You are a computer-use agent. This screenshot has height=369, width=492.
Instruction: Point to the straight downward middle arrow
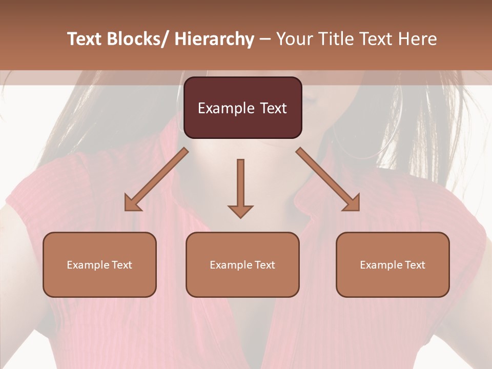coord(240,184)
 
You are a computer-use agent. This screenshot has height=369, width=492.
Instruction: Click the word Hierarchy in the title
coord(214,39)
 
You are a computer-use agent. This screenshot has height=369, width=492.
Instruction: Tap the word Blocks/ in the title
coord(138,39)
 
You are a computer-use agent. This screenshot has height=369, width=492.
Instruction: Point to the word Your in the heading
coord(295,39)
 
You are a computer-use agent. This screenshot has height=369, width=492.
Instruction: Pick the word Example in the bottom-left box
coord(88,265)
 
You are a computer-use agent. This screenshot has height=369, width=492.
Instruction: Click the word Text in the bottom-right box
coord(415,265)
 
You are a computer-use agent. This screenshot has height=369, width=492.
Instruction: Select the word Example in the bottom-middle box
coord(231,265)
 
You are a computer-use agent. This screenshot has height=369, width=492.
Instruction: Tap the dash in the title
coord(265,39)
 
